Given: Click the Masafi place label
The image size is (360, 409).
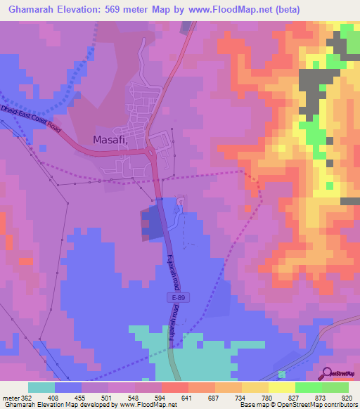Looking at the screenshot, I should coord(111,140).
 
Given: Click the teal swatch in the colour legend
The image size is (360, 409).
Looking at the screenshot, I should coord(41,387).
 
